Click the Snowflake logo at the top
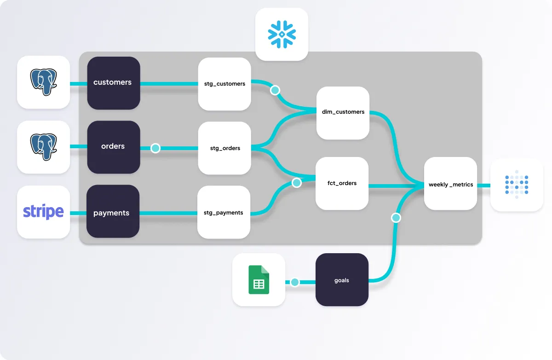[282, 35]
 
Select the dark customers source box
[113, 83]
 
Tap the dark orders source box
[113, 147]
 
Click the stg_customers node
[224, 84]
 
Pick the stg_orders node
[224, 148]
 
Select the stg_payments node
[224, 212]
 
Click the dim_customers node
[343, 112]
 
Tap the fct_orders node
[342, 183]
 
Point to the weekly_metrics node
[450, 184]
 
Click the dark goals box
[342, 280]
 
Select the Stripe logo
[43, 212]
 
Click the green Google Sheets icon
[259, 279]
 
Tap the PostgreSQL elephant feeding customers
[43, 82]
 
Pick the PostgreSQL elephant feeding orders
[43, 147]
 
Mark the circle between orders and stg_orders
[155, 148]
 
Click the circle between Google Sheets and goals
[295, 282]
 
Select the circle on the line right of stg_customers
[275, 90]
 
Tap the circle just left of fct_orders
[297, 183]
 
